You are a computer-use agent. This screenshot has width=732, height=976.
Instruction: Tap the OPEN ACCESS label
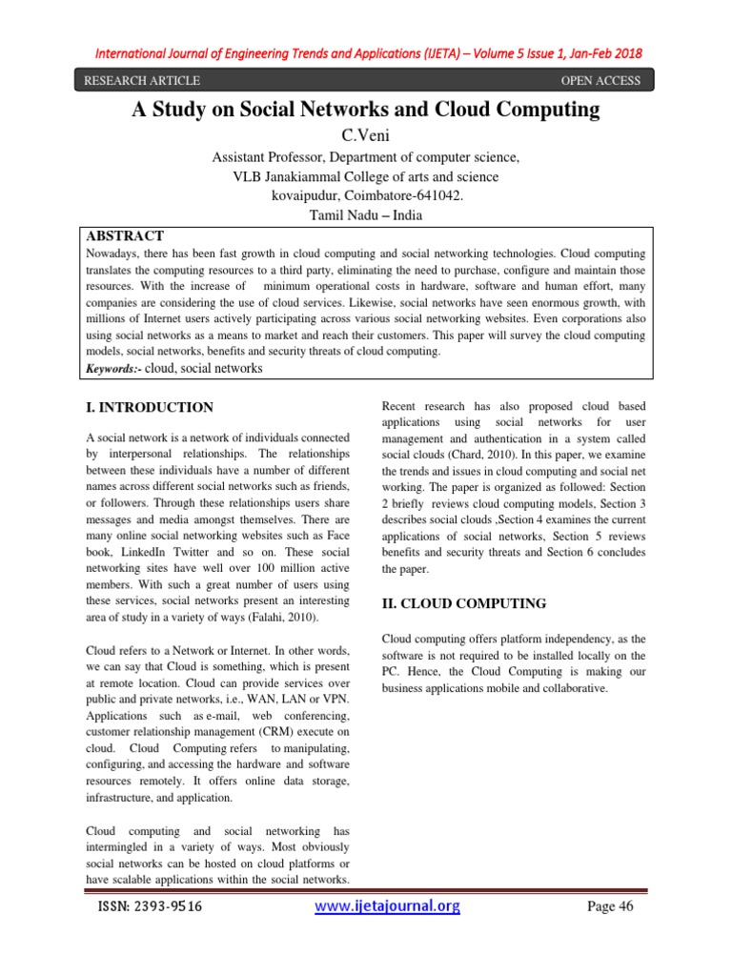tap(600, 81)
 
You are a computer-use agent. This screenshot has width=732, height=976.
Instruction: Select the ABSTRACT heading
tap(125, 235)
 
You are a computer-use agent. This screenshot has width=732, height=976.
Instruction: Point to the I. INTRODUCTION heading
tap(150, 407)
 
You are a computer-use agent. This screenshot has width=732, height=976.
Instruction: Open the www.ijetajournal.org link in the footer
tap(387, 906)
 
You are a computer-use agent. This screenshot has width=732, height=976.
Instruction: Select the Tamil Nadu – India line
tap(366, 215)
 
